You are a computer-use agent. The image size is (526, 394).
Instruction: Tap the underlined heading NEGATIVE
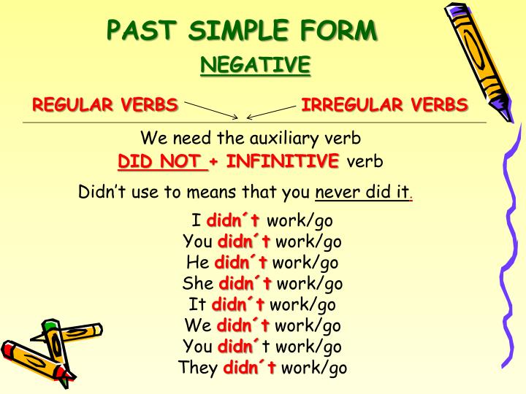click(255, 66)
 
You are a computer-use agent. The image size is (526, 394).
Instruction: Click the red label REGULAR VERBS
click(105, 104)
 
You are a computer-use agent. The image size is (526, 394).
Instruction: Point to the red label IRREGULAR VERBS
click(385, 104)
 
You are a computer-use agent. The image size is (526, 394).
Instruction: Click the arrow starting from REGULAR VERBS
click(212, 110)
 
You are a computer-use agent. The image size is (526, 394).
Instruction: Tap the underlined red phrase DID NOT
click(162, 161)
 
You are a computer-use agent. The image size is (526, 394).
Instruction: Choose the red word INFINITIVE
click(283, 161)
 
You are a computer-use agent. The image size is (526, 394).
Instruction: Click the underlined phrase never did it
click(362, 193)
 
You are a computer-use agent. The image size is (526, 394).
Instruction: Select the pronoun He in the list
click(197, 263)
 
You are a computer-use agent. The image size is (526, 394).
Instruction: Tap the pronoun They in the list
click(198, 368)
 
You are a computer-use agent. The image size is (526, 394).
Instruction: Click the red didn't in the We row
click(243, 325)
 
